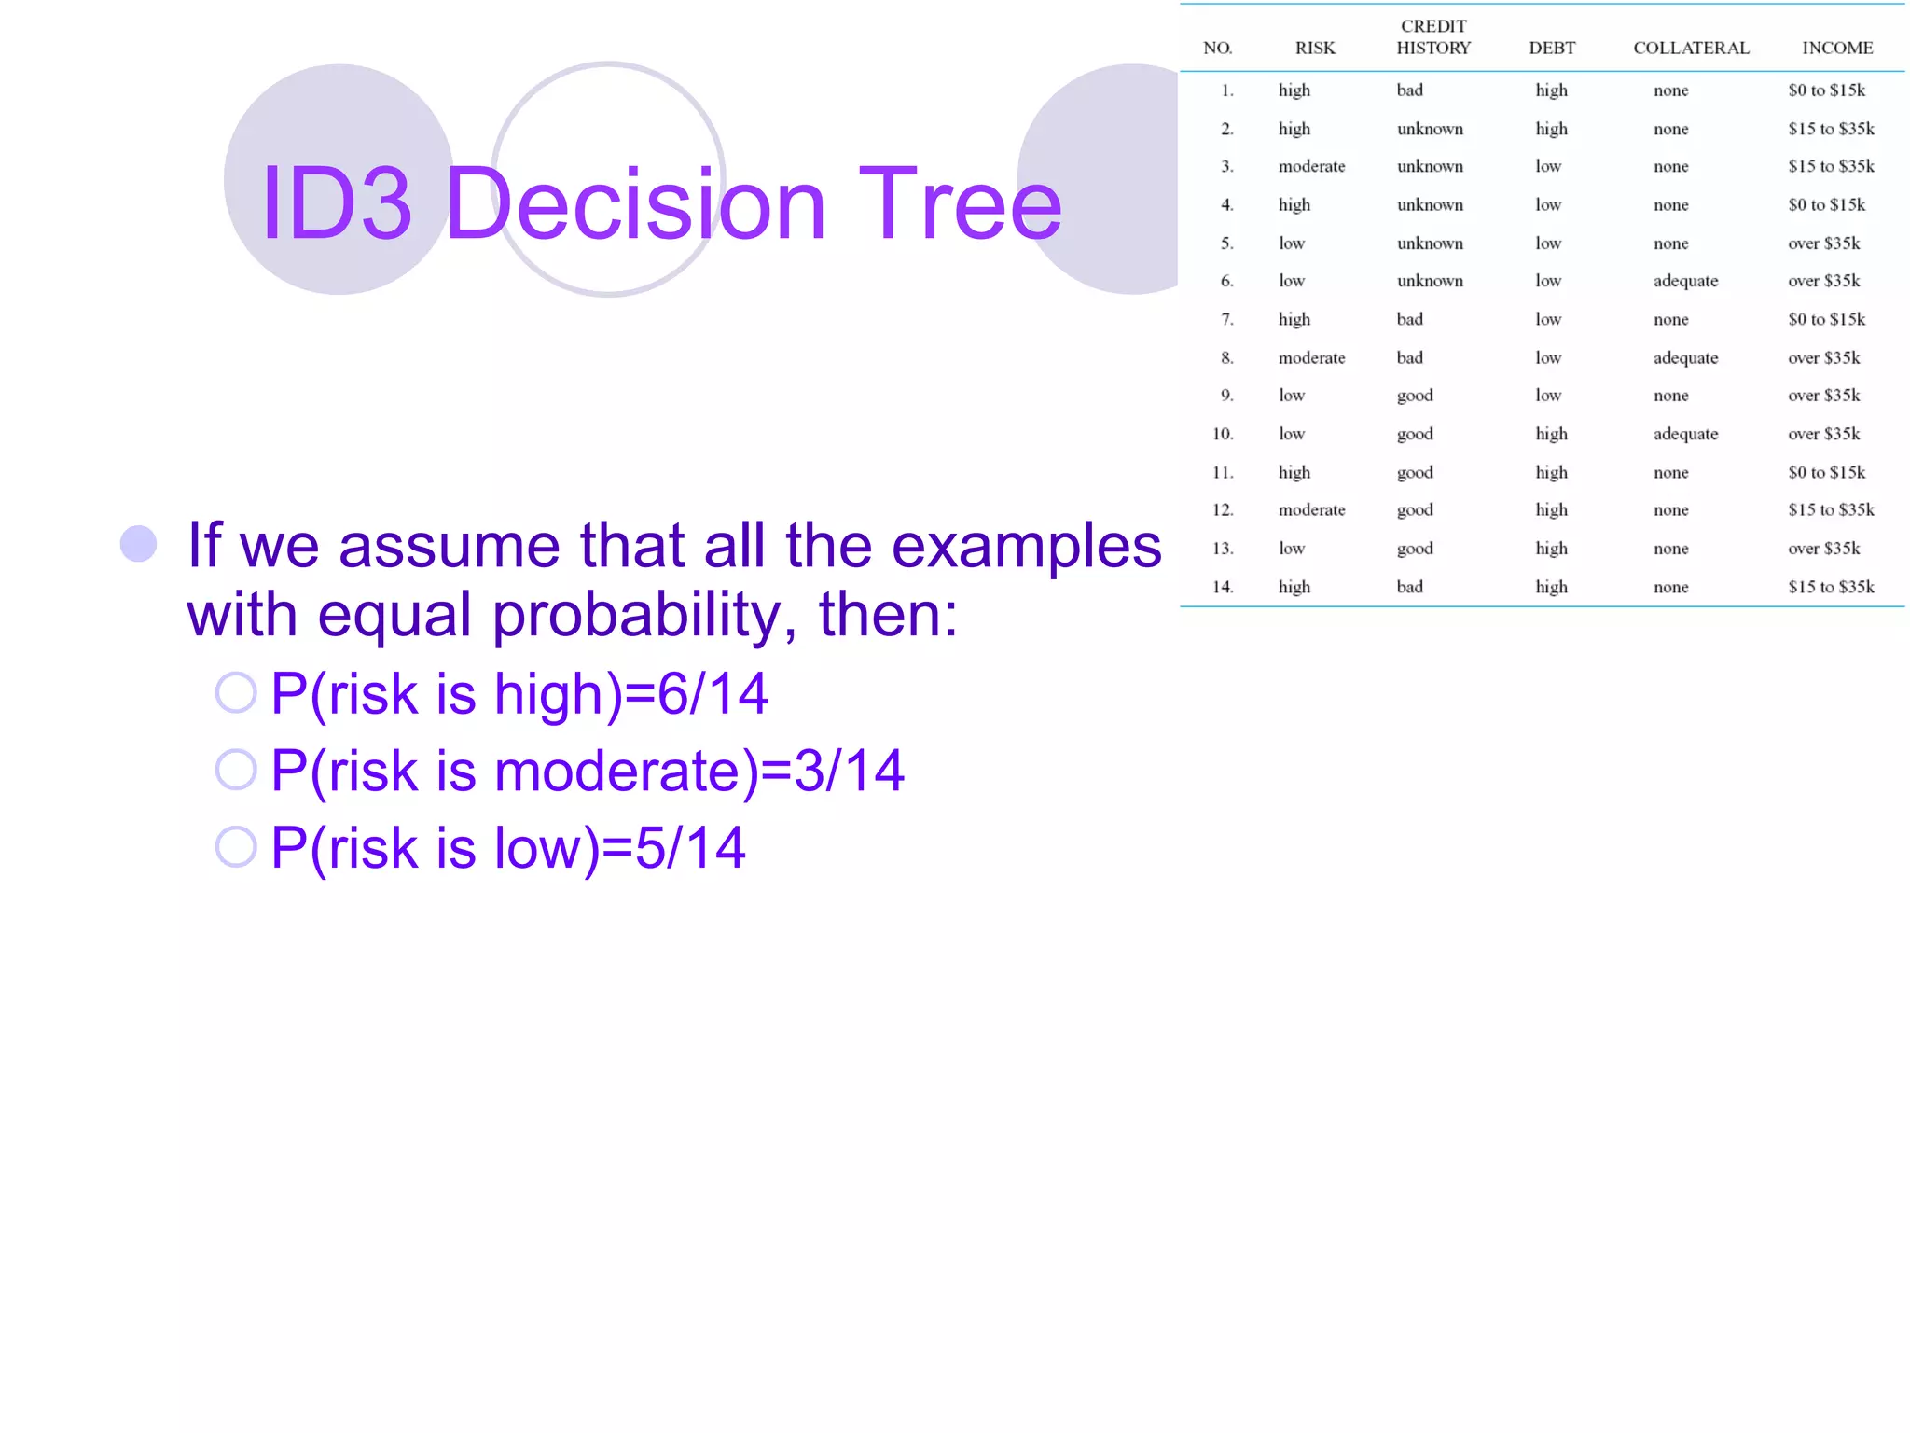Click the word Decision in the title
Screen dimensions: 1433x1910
click(637, 203)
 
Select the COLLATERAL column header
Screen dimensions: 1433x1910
click(1691, 49)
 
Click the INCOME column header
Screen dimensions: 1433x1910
click(1836, 49)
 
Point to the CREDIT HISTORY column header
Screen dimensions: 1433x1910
click(1432, 37)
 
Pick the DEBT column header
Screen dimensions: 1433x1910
click(1552, 49)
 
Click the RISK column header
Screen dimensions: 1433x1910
click(1315, 49)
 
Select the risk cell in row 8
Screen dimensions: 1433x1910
click(1311, 358)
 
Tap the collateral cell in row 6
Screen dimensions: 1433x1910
click(1685, 282)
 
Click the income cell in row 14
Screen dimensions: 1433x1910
click(1831, 587)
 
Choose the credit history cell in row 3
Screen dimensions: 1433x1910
click(1430, 167)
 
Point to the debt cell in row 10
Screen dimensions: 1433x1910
click(1551, 434)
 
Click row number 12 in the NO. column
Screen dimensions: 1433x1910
click(1223, 510)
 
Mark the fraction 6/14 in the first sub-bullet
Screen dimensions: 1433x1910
click(713, 694)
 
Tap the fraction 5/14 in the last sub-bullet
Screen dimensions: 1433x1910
click(690, 848)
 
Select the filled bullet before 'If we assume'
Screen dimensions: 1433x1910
click(138, 544)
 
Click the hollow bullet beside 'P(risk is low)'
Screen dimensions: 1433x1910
click(236, 847)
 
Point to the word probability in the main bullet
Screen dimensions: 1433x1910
click(643, 616)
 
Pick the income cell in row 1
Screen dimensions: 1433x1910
click(1826, 90)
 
